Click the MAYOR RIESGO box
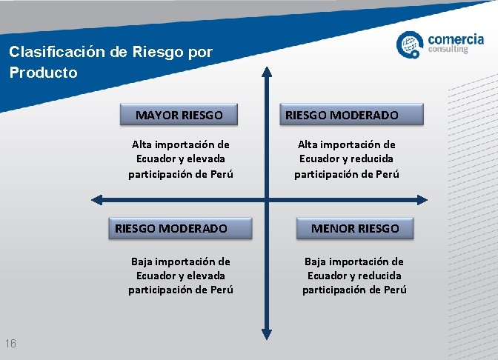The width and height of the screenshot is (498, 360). click(x=179, y=115)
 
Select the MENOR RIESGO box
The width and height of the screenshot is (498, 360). click(x=355, y=228)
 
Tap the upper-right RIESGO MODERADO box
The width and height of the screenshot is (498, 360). click(x=342, y=115)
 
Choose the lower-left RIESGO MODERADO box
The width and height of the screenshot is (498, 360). click(x=172, y=228)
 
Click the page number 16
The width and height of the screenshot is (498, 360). click(x=11, y=343)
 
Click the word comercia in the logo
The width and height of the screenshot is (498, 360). click(x=456, y=38)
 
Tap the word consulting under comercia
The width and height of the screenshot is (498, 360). click(x=449, y=50)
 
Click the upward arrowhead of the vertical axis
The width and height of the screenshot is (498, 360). click(x=267, y=72)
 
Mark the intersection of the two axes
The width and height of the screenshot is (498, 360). click(x=267, y=199)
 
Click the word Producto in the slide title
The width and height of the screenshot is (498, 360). click(x=43, y=73)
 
